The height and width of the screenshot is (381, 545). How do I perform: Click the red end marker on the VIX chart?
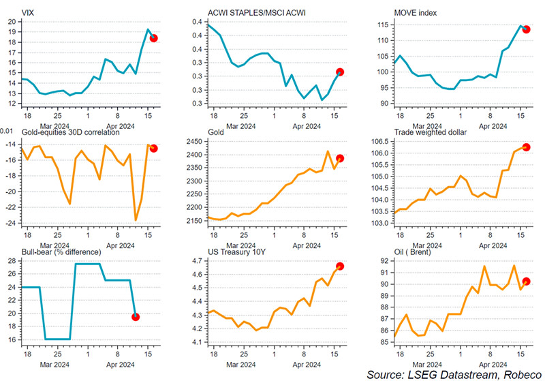[153, 38]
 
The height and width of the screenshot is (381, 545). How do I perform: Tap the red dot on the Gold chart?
[340, 158]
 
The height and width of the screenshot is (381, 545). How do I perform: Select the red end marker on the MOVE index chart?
[526, 29]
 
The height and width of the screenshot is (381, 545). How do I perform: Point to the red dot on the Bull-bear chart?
[136, 316]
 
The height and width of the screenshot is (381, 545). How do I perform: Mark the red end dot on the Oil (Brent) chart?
[526, 281]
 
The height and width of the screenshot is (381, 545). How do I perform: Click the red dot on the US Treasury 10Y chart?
[340, 266]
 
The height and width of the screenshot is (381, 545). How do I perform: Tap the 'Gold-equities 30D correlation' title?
[62, 132]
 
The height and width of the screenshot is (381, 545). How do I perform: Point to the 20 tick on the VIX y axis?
[11, 22]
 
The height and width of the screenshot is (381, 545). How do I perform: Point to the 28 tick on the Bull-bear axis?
[11, 261]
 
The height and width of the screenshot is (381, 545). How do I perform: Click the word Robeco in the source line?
[514, 374]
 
